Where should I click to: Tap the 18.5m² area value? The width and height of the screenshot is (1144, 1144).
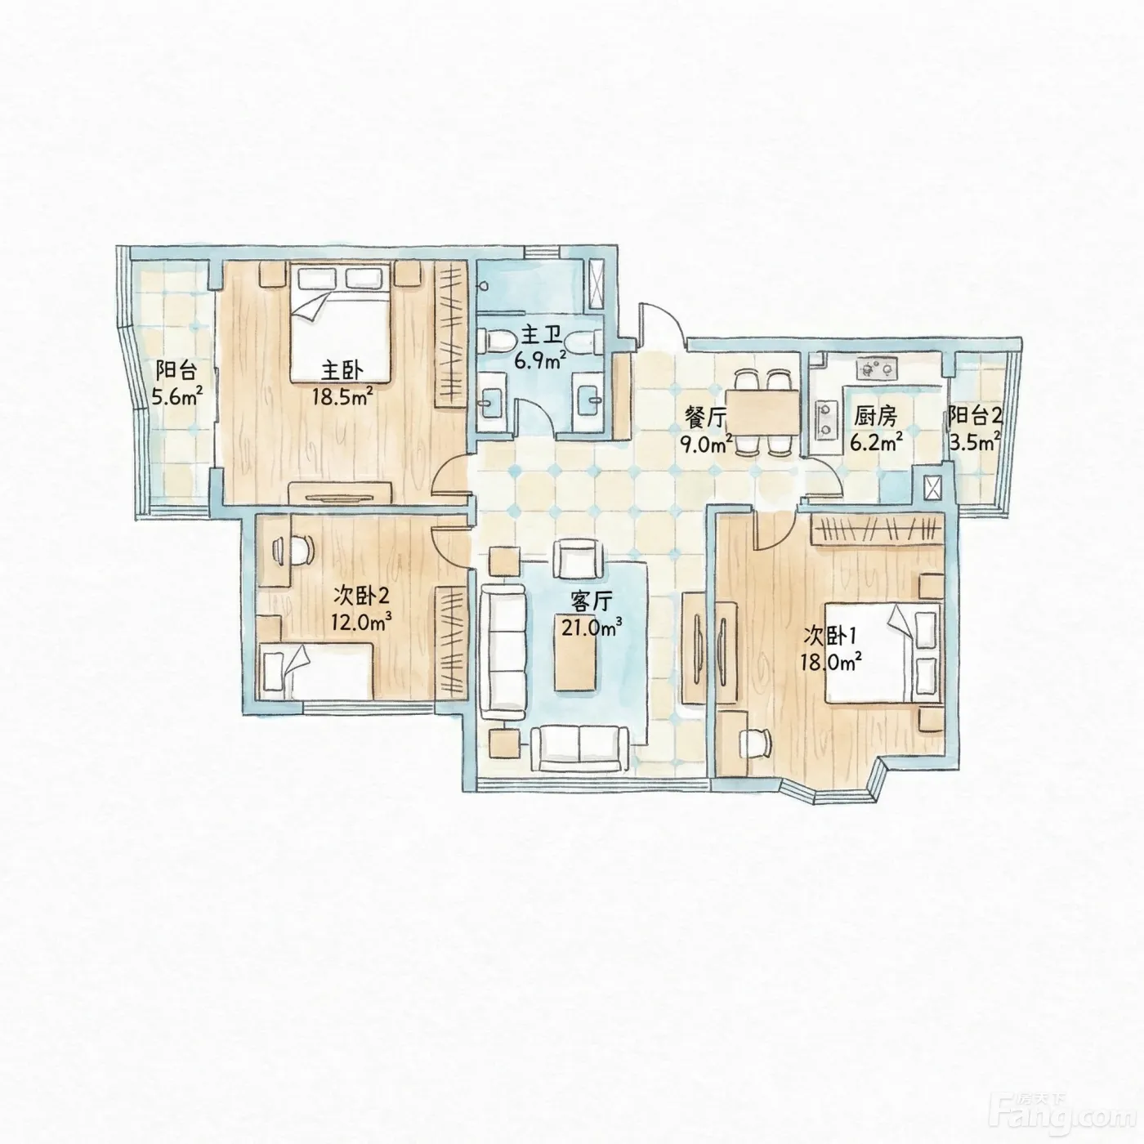[x=342, y=395]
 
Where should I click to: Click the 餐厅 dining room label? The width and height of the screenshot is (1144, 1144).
[x=705, y=418]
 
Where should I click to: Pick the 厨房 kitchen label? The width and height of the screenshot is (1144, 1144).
[x=875, y=418]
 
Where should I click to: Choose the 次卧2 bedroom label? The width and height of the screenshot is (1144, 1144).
[x=361, y=594]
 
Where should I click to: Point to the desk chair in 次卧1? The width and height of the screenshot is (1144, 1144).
[x=755, y=743]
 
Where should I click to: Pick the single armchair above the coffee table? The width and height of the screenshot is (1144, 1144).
[x=579, y=559]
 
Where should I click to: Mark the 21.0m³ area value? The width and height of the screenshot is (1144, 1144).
[x=592, y=627]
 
